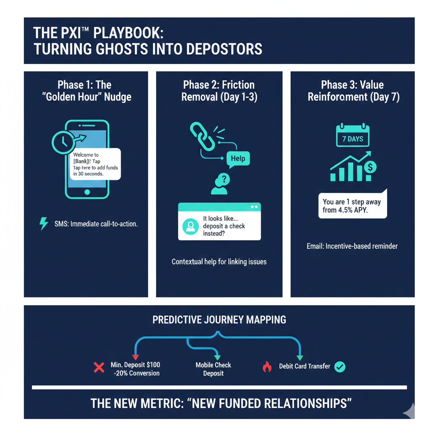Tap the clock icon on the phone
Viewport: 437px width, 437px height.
[x=63, y=140]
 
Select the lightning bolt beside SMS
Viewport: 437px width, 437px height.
[x=44, y=223]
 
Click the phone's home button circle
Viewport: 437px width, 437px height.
[x=87, y=192]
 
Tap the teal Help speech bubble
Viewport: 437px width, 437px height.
[x=238, y=159]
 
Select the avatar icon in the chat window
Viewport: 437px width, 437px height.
[x=190, y=226]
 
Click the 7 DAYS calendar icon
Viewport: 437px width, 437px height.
[x=353, y=136]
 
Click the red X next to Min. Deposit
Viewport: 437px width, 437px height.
[x=99, y=367]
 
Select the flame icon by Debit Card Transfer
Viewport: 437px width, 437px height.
[x=267, y=367]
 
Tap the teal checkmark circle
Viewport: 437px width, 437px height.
[x=340, y=367]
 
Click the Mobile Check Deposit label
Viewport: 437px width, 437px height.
[x=213, y=369]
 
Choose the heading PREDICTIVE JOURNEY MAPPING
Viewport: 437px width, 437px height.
[x=219, y=320]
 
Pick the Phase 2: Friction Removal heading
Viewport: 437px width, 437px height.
[x=219, y=91]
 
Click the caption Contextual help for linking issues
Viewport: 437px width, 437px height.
[x=219, y=262]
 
